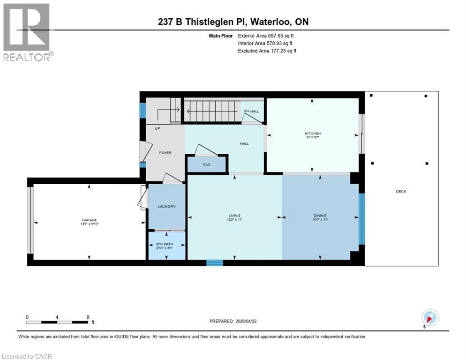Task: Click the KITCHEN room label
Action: [312, 134]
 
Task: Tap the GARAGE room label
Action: [89, 220]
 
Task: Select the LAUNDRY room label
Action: [166, 206]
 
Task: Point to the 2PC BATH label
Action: [167, 245]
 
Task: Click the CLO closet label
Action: [206, 165]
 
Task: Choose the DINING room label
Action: [320, 216]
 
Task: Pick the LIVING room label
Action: [234, 216]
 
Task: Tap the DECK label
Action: [401, 191]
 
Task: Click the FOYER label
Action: [165, 153]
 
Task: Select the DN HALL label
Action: [251, 111]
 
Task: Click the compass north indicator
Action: [429, 317]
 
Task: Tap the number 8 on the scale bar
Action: [88, 317]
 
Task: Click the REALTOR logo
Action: [27, 31]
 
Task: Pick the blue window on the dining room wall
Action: [361, 218]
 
